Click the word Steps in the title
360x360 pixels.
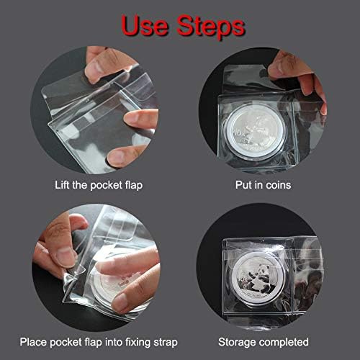[204, 27]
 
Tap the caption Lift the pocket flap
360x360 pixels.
[99, 185]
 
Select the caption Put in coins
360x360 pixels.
[263, 185]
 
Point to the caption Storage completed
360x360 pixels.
[264, 341]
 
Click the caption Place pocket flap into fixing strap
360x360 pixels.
[99, 341]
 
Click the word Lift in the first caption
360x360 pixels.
[63, 185]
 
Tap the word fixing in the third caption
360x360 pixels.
[137, 341]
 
